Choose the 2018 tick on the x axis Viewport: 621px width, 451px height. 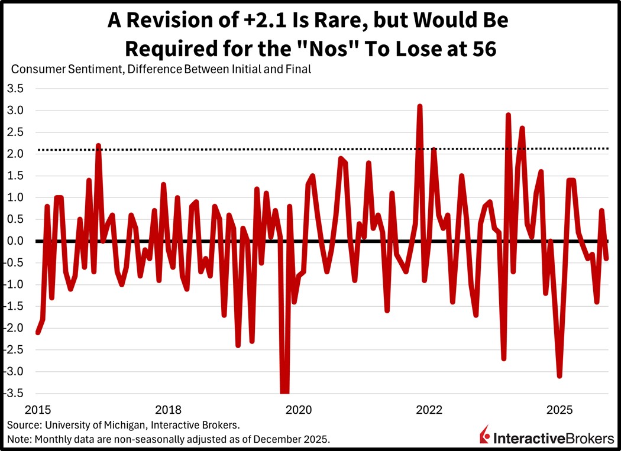(167, 410)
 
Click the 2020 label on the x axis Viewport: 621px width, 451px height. (299, 410)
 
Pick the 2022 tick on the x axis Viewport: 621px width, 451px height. (429, 410)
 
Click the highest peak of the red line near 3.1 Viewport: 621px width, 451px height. (419, 106)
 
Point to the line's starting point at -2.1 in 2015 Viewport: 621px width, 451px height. (38, 332)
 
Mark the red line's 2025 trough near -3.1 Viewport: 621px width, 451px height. (559, 375)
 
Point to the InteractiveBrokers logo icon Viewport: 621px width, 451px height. (484, 435)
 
